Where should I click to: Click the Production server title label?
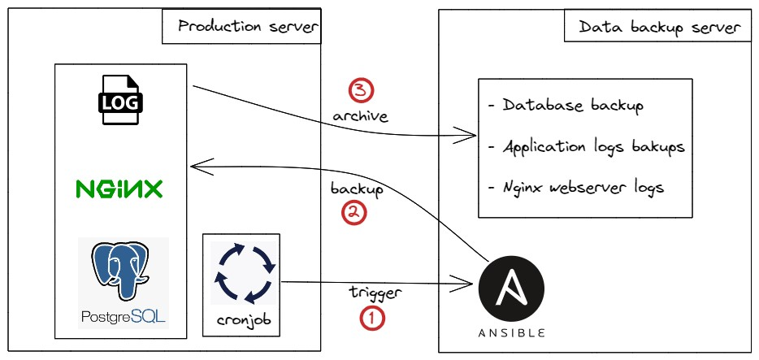tap(241, 27)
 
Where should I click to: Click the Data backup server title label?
tap(659, 28)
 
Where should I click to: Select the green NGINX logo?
tap(119, 189)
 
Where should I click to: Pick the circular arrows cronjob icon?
tap(241, 271)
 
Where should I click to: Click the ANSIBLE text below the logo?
tap(511, 332)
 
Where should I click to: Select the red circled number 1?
tap(371, 319)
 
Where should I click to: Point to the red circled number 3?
tap(360, 89)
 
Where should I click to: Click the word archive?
tap(360, 116)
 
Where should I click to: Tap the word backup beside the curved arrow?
tap(357, 188)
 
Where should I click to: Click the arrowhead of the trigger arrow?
tap(470, 283)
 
